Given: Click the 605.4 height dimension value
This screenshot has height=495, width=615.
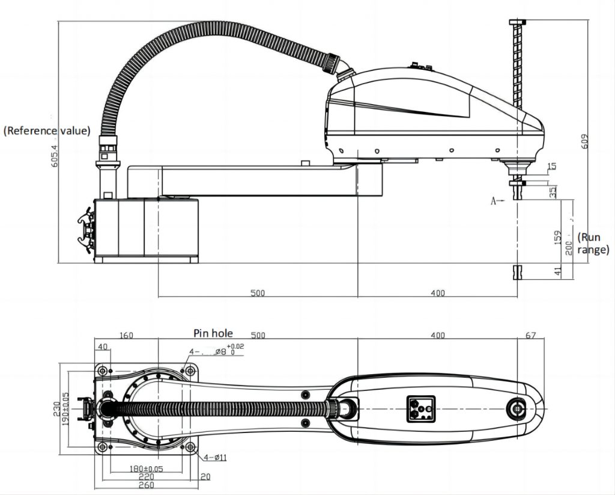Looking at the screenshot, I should [54, 155].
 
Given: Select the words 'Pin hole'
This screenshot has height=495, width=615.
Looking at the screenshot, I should [213, 332].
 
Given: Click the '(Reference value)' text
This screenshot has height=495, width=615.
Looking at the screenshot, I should [47, 131].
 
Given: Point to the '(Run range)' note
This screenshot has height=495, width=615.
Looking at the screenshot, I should [593, 244].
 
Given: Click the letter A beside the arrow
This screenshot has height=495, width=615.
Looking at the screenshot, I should [494, 201].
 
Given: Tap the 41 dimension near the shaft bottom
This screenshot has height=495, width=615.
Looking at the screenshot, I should [557, 271].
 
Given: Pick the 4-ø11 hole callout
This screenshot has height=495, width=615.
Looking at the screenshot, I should [214, 458].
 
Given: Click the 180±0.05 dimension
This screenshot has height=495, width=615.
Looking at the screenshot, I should [147, 469].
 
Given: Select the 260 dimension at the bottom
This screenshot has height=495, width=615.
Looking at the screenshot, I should [147, 485].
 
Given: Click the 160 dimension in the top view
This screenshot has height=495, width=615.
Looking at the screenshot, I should [126, 335].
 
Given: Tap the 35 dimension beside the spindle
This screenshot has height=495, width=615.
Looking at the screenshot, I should [553, 192].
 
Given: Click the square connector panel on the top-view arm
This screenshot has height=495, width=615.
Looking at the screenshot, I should [420, 409].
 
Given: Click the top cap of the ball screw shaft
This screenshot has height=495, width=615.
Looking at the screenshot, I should [517, 22].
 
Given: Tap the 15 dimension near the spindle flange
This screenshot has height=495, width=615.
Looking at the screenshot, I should [553, 166].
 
